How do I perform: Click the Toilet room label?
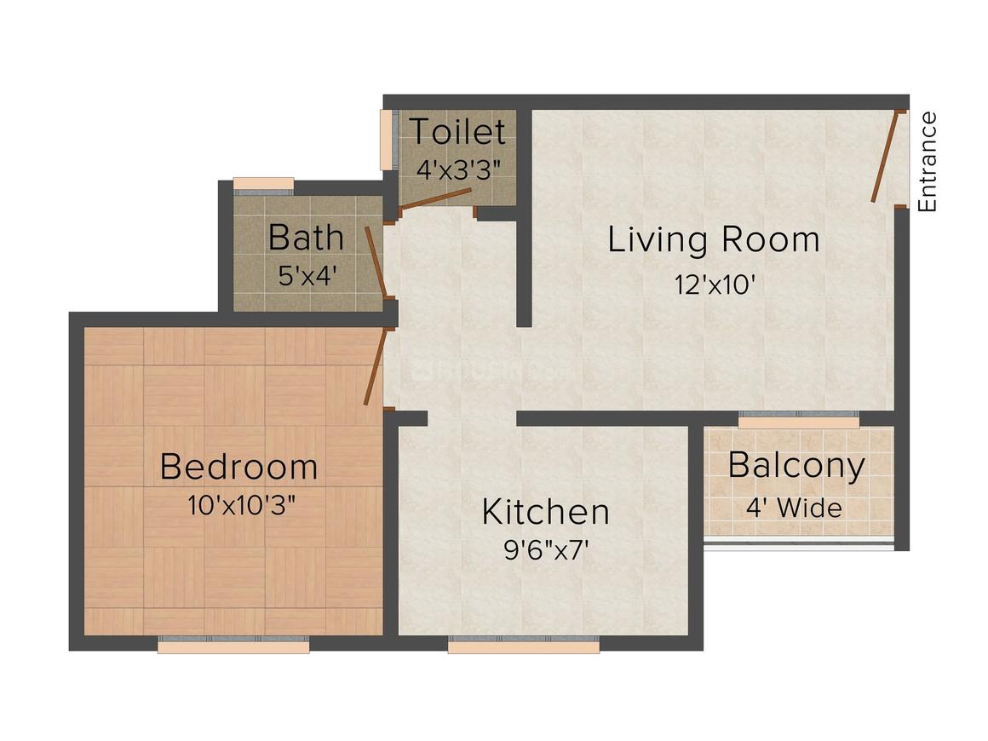pos(457,131)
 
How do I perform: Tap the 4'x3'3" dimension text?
pos(459,169)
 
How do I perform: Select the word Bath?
pos(307,238)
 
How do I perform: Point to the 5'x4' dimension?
pos(306,275)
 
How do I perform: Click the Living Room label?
pos(714,240)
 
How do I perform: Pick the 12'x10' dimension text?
pos(715,284)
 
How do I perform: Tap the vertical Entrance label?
pos(928,162)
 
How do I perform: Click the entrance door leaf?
pos(885,157)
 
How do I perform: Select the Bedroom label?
pos(238,467)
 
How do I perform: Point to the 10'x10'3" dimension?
pos(241,505)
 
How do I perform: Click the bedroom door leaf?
pos(375,368)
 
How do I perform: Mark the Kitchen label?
pos(546,512)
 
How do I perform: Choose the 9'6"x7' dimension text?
pos(546,551)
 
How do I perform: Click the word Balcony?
pos(797,466)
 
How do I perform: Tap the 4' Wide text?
pos(794,508)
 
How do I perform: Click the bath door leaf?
pos(376,261)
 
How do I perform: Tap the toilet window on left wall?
pos(387,140)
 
